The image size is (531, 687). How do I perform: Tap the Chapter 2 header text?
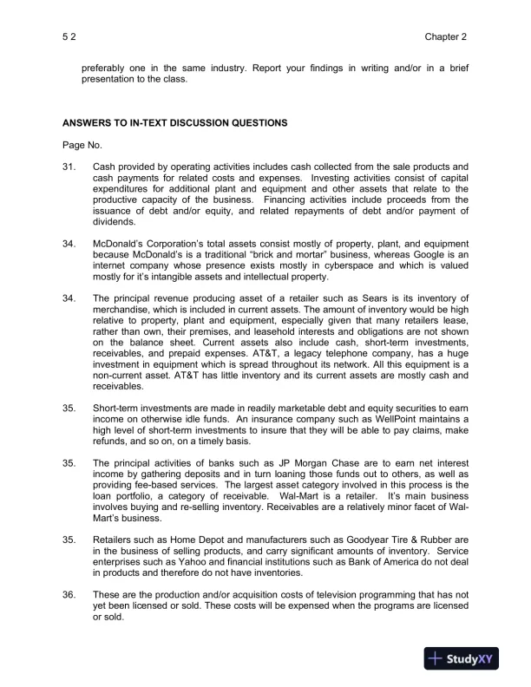pyautogui.click(x=446, y=37)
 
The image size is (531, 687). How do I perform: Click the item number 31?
pyautogui.click(x=69, y=166)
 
